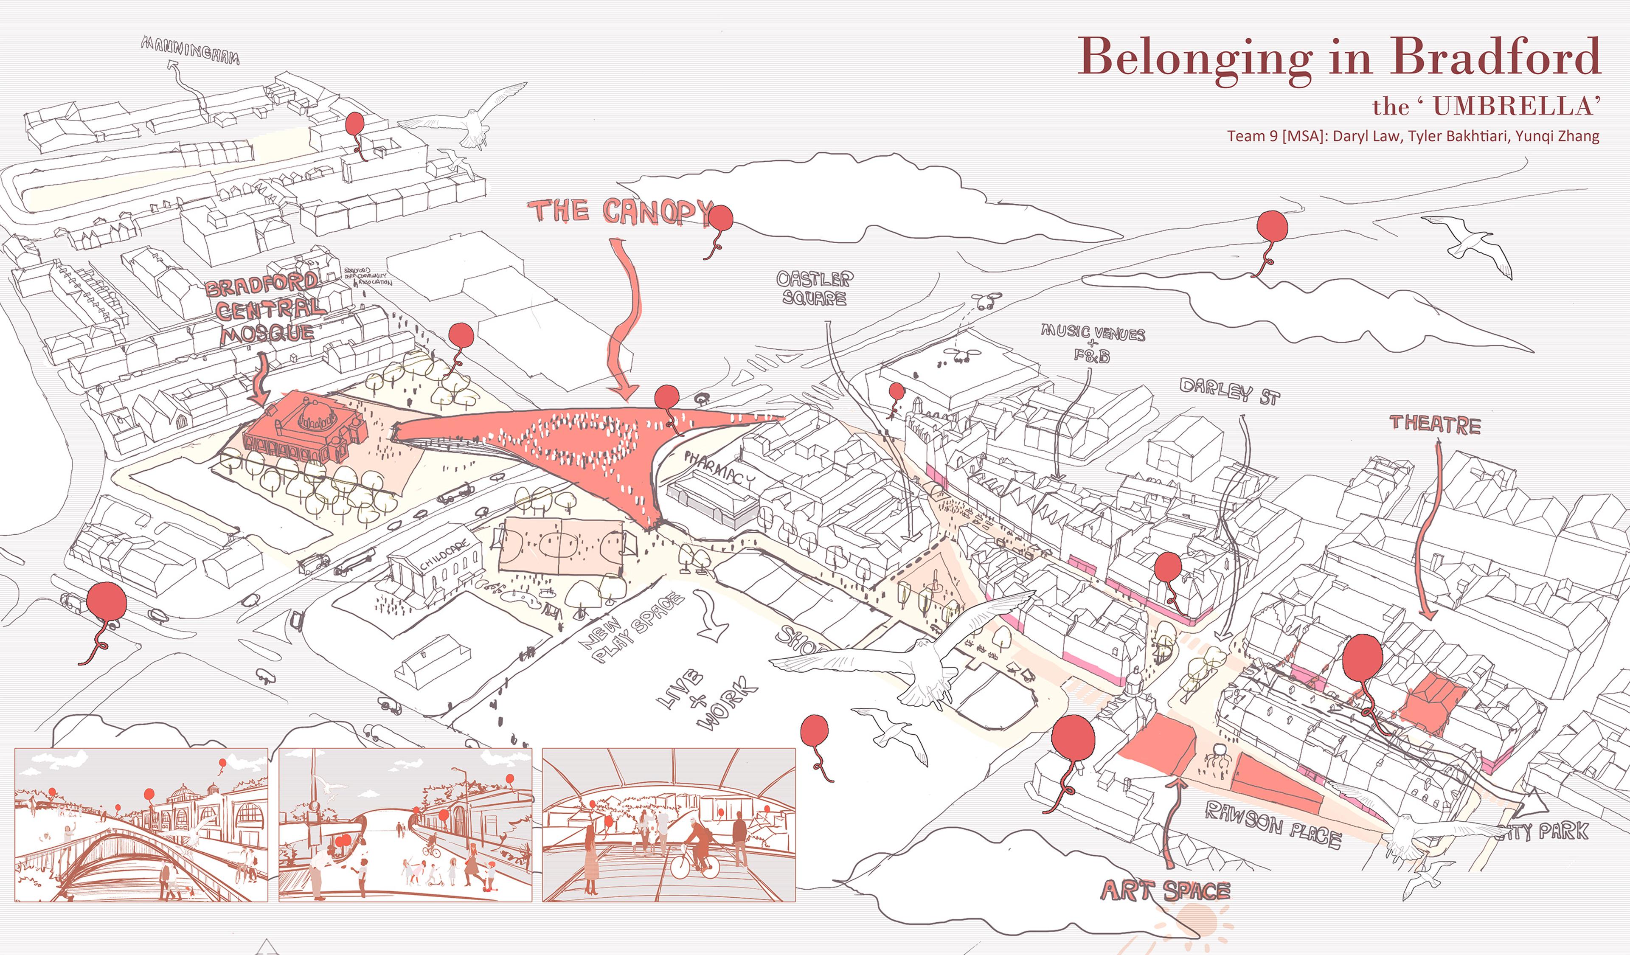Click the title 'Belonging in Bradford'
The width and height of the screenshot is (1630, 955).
pyautogui.click(x=1338, y=57)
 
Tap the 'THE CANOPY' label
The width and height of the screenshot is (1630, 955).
pyautogui.click(x=620, y=211)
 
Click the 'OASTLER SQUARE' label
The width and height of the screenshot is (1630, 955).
pyautogui.click(x=814, y=288)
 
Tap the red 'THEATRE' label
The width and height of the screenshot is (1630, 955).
pyautogui.click(x=1435, y=424)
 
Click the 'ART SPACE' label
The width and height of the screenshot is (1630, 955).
pyautogui.click(x=1165, y=891)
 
